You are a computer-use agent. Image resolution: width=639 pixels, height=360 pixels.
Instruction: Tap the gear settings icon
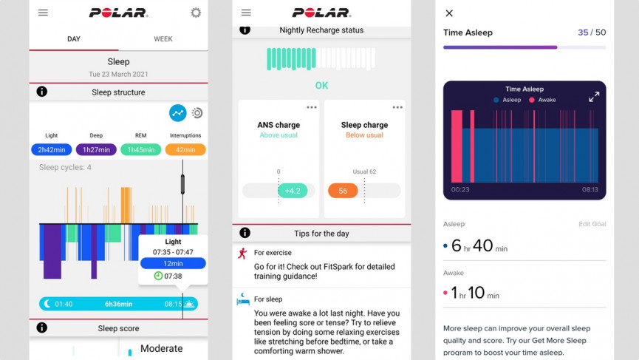tap(196, 13)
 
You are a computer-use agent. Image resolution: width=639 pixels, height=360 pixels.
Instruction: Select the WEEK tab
tap(163, 39)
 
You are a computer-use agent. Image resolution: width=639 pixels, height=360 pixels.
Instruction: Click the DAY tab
tap(74, 39)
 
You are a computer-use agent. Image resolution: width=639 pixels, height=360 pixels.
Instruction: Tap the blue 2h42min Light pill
tap(52, 149)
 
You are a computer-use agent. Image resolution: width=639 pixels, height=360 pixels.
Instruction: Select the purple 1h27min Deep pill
tap(96, 149)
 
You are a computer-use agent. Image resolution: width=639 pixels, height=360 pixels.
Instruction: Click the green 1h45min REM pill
tap(140, 149)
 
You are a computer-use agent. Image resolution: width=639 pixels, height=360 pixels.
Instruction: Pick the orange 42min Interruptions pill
tap(185, 149)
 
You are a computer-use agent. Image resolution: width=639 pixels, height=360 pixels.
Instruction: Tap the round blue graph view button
tap(177, 113)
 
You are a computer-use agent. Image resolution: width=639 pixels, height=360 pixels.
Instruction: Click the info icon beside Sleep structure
tap(42, 92)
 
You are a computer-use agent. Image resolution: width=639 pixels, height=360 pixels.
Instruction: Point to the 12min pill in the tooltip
tap(173, 263)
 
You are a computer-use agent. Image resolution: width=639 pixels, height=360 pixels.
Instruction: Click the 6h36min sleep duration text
tap(118, 304)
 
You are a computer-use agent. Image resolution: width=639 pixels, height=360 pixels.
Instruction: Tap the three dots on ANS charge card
tap(312, 108)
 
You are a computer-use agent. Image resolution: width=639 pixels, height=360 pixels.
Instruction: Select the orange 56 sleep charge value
tap(343, 191)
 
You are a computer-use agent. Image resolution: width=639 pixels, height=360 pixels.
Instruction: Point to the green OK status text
tap(321, 85)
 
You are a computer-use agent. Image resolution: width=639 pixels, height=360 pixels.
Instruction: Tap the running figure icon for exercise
tap(242, 254)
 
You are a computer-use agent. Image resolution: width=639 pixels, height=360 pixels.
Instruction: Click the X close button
tap(449, 13)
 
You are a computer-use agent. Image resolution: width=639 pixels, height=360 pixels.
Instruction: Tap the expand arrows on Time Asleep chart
tap(594, 97)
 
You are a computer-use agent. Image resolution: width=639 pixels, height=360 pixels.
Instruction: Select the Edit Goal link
tap(592, 224)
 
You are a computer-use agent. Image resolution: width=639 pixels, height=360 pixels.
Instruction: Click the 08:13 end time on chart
tap(589, 190)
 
